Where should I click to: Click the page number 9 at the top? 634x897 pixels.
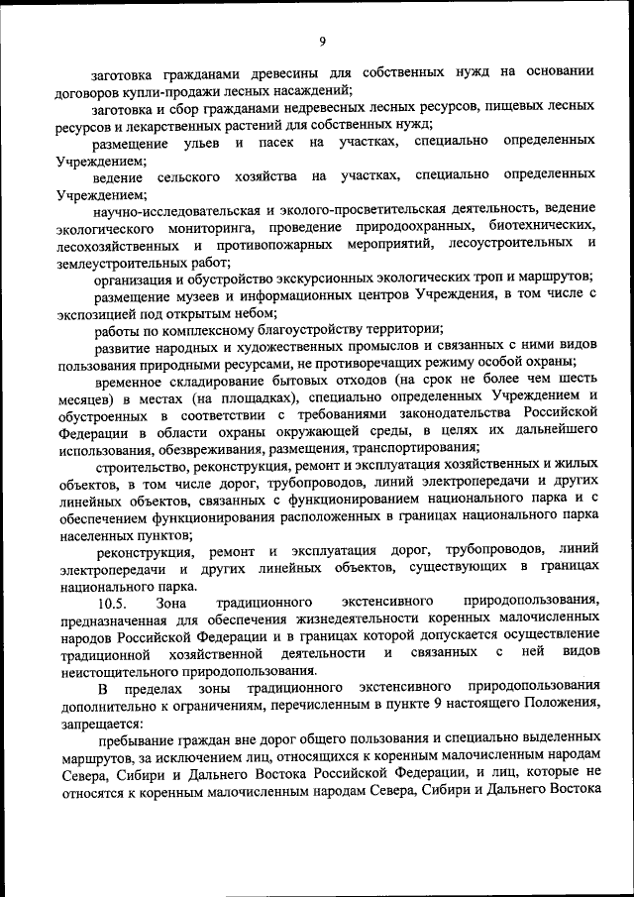323,40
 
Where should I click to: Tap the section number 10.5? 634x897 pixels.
112,602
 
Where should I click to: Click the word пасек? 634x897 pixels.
278,143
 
